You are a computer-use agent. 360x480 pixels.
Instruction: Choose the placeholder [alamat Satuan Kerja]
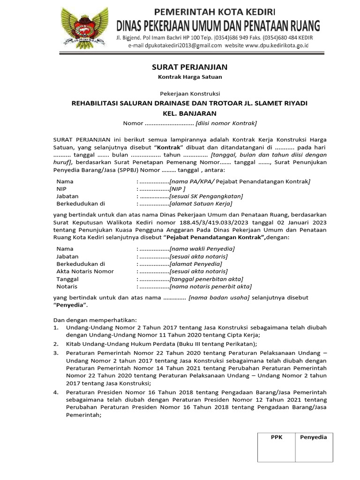pos(201,204)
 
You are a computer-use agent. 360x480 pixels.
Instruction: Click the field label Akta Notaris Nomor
pos(85,271)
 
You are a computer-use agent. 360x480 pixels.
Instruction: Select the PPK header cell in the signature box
pos(277,437)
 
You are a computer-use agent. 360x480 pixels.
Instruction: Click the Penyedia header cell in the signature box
pos(313,437)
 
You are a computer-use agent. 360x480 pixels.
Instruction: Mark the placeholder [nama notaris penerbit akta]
pos(210,286)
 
